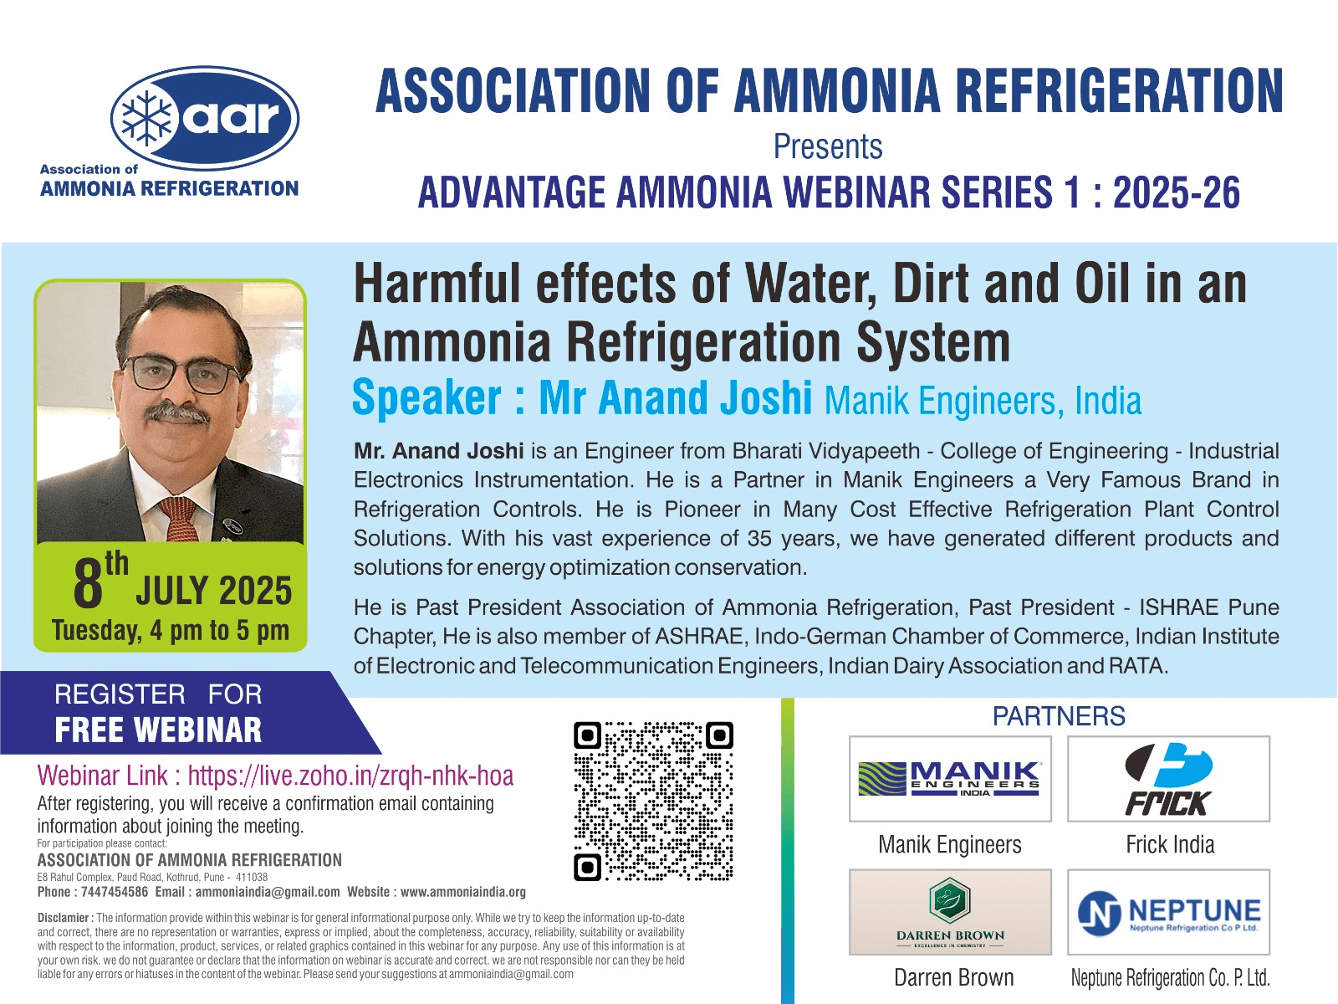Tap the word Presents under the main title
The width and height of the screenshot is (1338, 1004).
pyautogui.click(x=828, y=147)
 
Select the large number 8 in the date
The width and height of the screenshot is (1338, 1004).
pyautogui.click(x=88, y=584)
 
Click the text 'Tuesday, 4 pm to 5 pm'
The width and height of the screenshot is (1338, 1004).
pyautogui.click(x=171, y=631)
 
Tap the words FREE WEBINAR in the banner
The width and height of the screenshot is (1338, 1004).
pyautogui.click(x=159, y=730)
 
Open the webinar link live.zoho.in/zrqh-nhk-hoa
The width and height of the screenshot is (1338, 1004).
pyautogui.click(x=350, y=776)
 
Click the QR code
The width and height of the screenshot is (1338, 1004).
pyautogui.click(x=653, y=801)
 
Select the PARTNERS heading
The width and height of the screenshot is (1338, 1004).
pyautogui.click(x=1059, y=716)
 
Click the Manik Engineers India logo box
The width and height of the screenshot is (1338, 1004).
pyautogui.click(x=950, y=778)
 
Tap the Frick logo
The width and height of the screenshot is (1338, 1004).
pyautogui.click(x=1168, y=778)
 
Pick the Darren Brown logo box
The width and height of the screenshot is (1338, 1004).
pyautogui.click(x=950, y=912)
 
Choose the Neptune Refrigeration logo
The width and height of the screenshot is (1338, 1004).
pyautogui.click(x=1168, y=912)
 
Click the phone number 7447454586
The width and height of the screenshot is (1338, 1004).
pyautogui.click(x=115, y=892)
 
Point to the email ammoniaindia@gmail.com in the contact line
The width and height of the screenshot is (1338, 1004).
pyautogui.click(x=268, y=893)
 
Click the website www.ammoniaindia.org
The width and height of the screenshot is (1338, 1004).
pyautogui.click(x=463, y=893)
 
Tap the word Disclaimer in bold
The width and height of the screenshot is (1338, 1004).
pyautogui.click(x=64, y=918)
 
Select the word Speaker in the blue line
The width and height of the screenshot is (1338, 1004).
pyautogui.click(x=427, y=397)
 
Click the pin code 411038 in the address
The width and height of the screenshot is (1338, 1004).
pyautogui.click(x=252, y=877)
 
